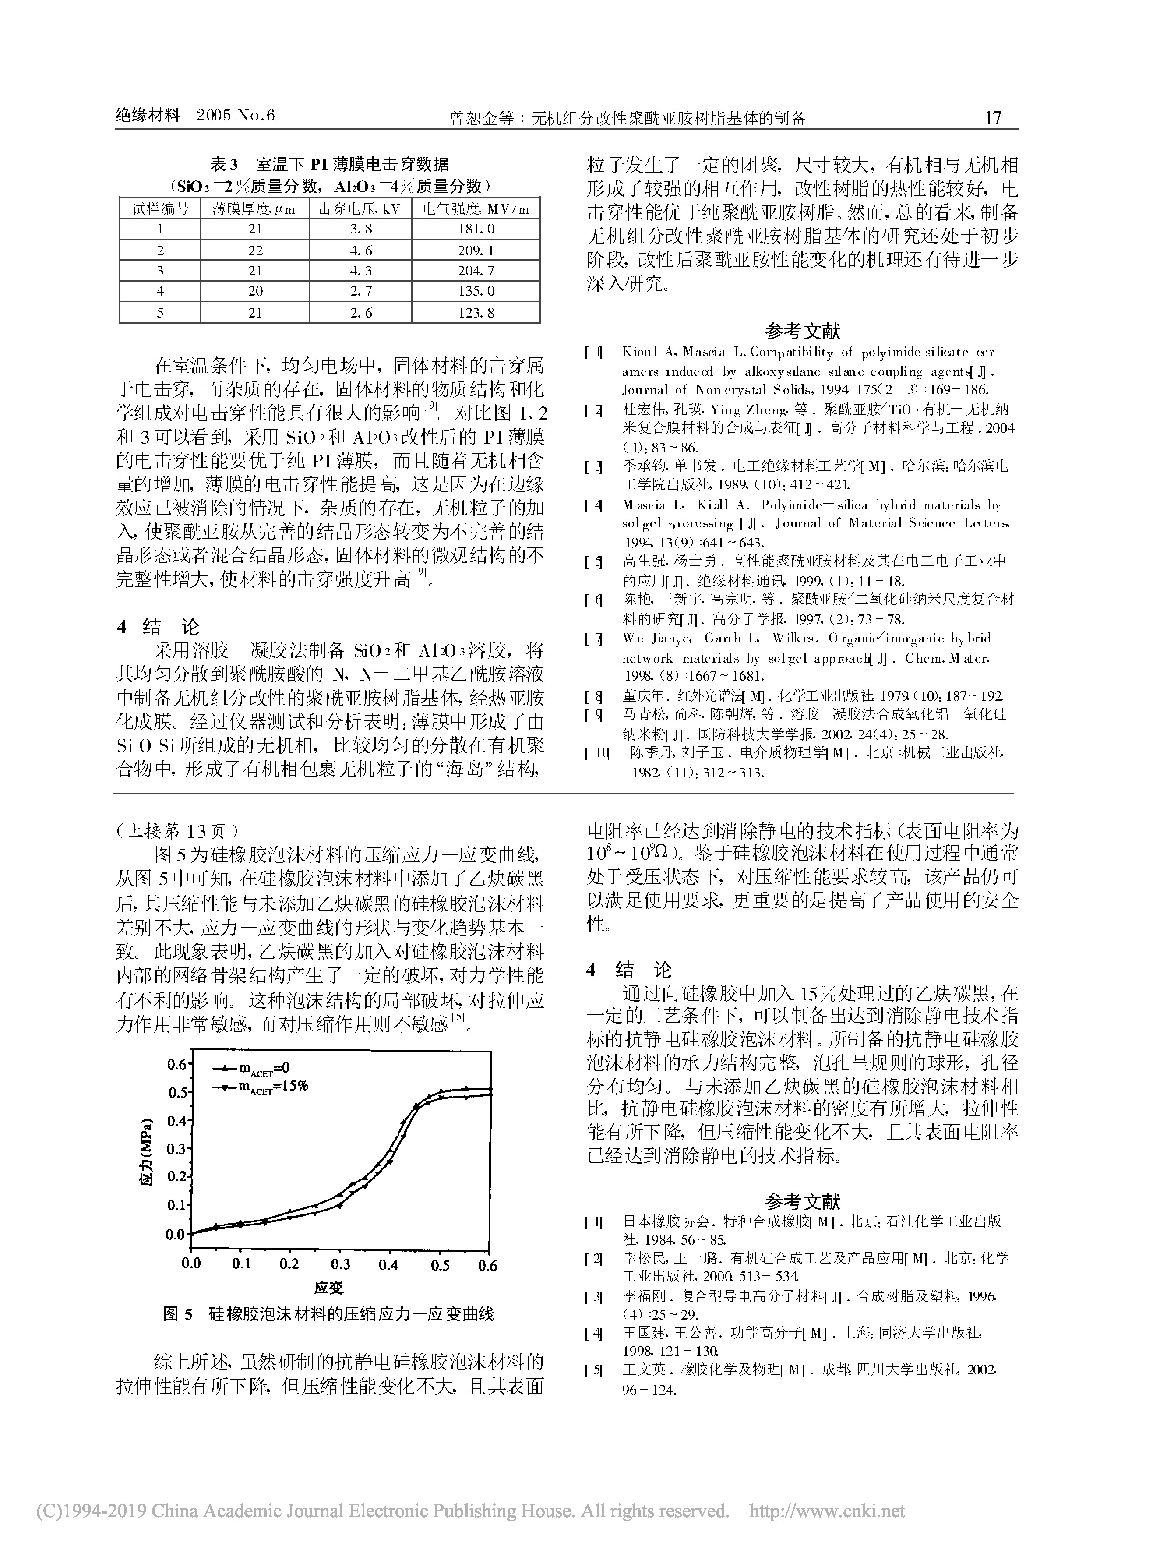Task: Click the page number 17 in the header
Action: [x=993, y=117]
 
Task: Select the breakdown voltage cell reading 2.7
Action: [x=360, y=291]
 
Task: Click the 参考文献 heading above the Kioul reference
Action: [x=802, y=331]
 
